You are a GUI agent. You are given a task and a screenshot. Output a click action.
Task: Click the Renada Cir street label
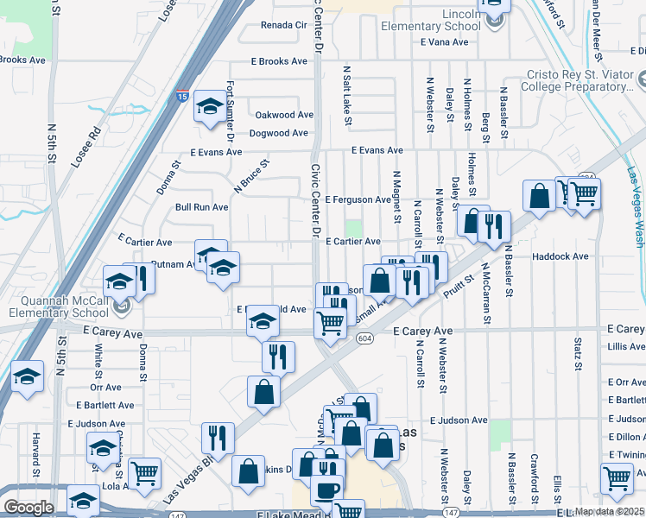[284, 26]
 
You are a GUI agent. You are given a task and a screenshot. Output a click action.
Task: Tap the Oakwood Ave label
[283, 115]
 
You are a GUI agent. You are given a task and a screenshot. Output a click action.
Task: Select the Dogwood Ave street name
[278, 133]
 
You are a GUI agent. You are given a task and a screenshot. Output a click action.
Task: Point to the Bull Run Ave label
[201, 207]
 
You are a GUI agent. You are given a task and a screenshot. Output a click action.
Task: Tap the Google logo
[28, 508]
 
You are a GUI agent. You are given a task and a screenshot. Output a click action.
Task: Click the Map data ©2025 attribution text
[610, 511]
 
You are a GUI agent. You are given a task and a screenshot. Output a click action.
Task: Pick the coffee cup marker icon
[326, 490]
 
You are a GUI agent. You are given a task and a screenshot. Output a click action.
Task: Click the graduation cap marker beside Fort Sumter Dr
[209, 107]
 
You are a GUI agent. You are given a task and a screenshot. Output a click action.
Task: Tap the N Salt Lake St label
[346, 95]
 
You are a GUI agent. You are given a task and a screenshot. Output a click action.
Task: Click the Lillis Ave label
[625, 346]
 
